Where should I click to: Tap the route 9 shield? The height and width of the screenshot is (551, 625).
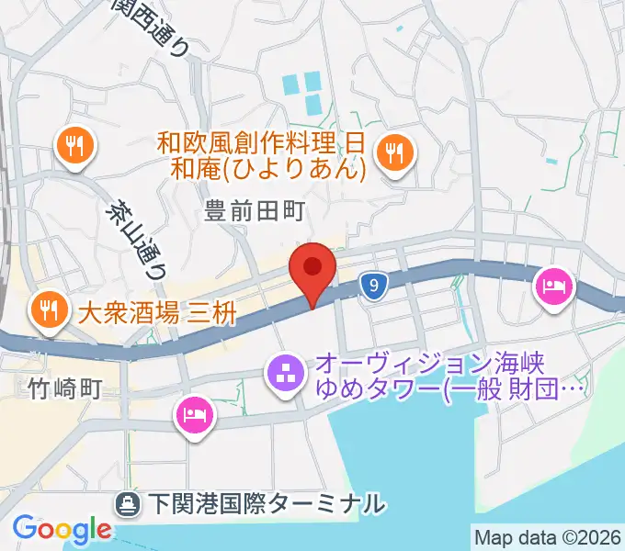click(x=371, y=287)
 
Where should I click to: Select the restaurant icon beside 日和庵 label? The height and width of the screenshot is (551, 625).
click(x=396, y=151)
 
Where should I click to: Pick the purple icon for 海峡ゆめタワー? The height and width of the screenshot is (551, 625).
click(x=283, y=374)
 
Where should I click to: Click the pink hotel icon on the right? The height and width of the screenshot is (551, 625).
click(x=553, y=287)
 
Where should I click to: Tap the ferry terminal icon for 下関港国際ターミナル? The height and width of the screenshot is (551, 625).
click(x=127, y=503)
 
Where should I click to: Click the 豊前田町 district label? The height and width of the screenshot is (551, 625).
click(x=253, y=212)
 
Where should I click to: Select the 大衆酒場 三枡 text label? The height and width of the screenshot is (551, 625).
click(x=157, y=313)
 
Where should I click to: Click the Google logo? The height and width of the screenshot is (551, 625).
click(x=62, y=529)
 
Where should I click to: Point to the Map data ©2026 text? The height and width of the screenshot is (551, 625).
click(x=547, y=536)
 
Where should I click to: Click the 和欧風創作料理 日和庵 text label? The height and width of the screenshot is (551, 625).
click(x=262, y=155)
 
